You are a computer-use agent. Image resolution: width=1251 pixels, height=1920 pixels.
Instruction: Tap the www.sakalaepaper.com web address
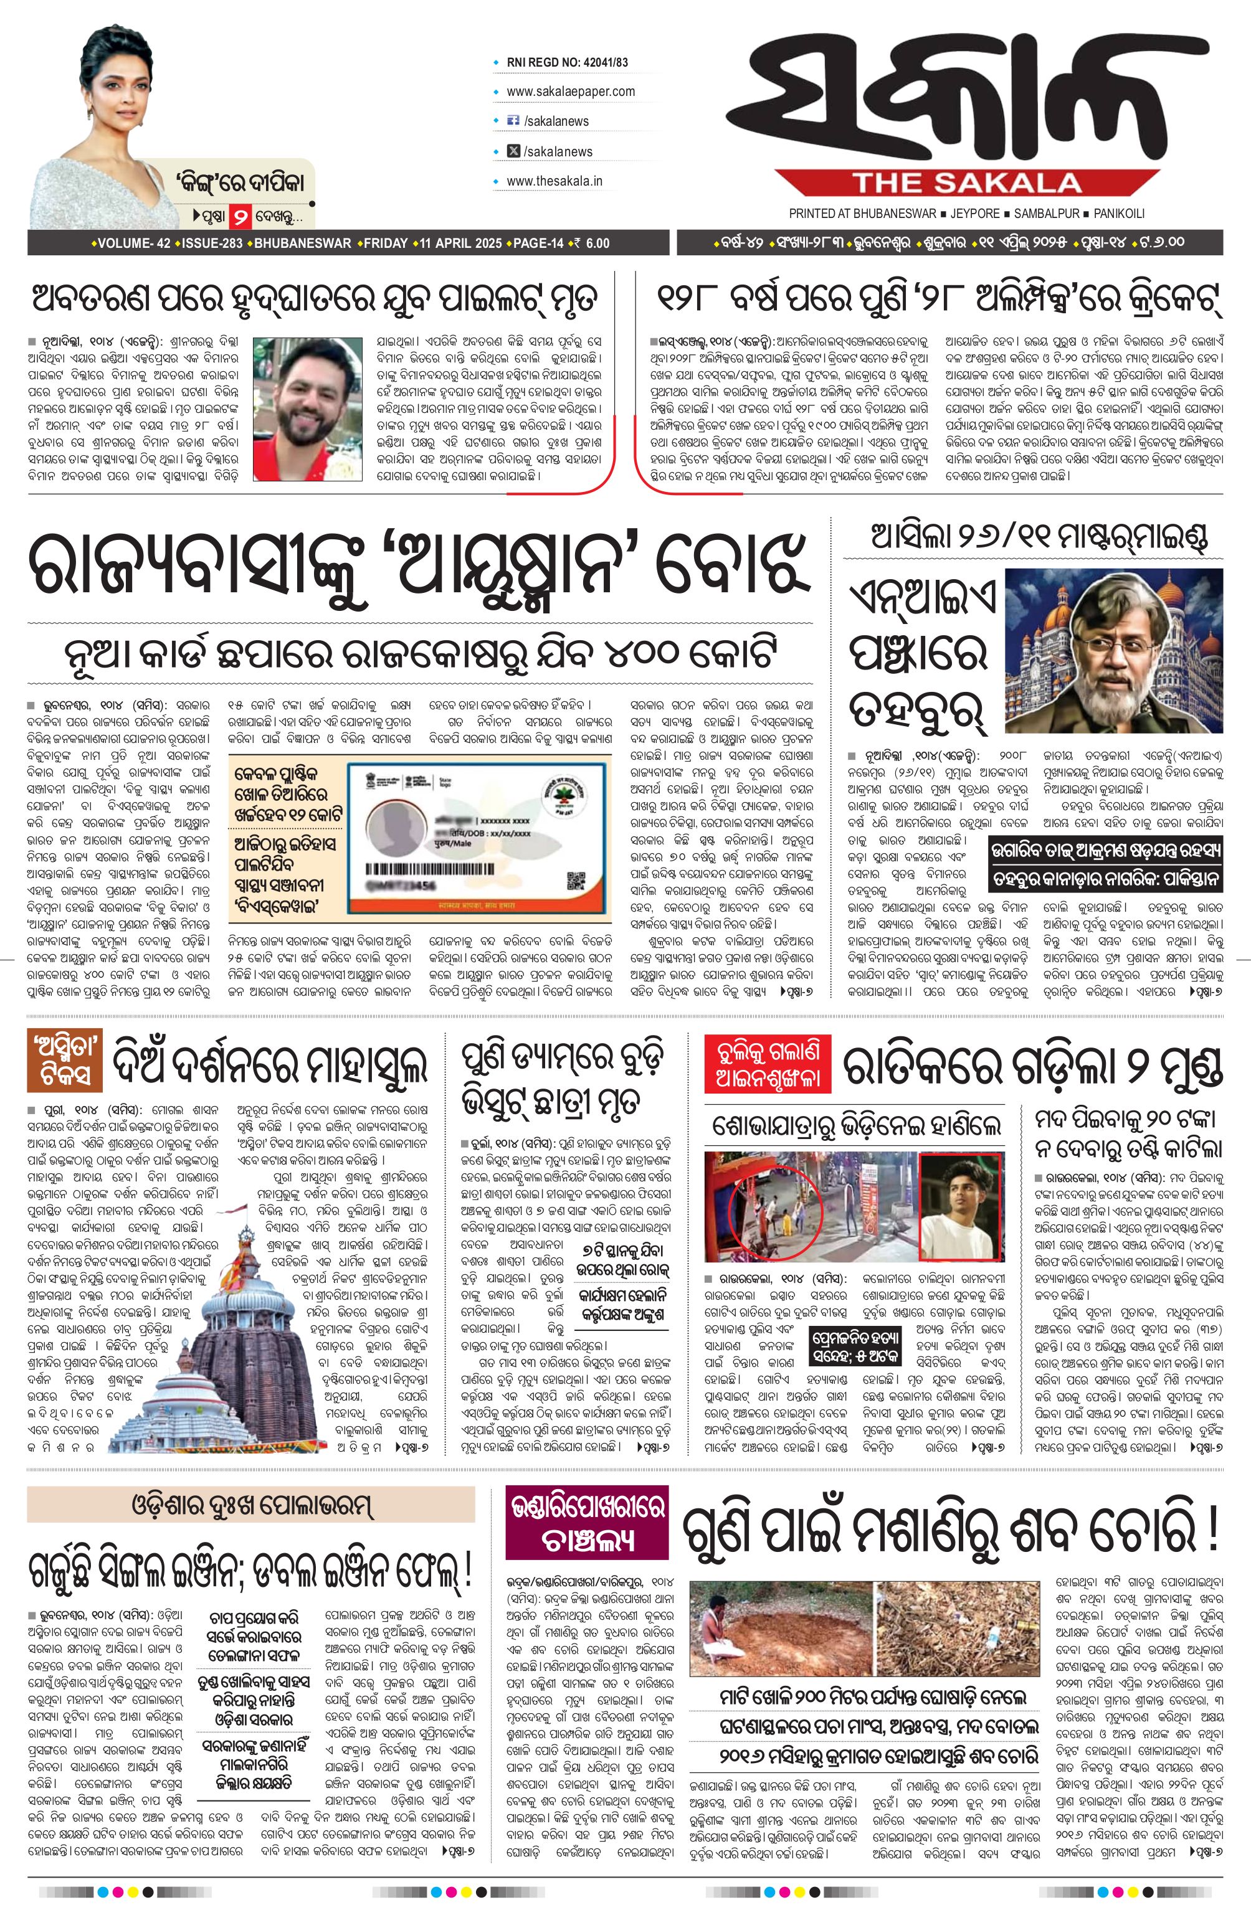(x=571, y=91)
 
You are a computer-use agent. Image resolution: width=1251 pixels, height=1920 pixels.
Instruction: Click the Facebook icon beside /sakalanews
(x=513, y=121)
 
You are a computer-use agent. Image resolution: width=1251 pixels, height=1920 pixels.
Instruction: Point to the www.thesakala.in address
(x=554, y=181)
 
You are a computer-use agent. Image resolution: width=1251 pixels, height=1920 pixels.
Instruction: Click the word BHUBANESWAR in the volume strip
(x=303, y=243)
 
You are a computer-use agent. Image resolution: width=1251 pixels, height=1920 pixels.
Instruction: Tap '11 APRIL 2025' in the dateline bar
(x=460, y=243)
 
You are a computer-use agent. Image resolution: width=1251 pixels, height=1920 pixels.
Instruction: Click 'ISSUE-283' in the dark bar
(x=212, y=243)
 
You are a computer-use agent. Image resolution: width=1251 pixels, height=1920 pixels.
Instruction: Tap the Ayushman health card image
(x=476, y=836)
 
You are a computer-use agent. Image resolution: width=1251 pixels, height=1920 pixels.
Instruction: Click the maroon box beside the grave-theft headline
(x=587, y=1525)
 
